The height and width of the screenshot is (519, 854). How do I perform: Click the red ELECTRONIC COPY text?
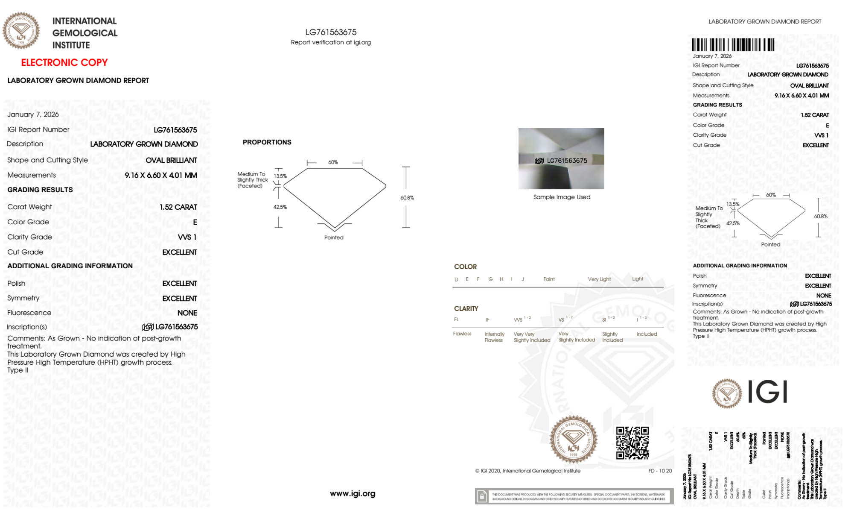point(64,63)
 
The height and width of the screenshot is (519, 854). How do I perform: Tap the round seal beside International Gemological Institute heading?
point(21,31)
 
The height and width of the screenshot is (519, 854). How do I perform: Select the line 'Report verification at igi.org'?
point(331,42)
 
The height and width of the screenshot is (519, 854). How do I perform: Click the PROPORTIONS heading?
point(267,142)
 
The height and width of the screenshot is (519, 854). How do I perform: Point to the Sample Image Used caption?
point(562,197)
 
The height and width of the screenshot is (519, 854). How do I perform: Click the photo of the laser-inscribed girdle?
point(561,158)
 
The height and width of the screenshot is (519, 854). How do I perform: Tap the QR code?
point(632,443)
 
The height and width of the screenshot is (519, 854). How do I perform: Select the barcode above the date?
point(733,45)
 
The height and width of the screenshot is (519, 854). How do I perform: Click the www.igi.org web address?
point(353,493)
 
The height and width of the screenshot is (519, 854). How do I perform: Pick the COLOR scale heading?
point(465,267)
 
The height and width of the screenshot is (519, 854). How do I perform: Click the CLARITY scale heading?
point(466,308)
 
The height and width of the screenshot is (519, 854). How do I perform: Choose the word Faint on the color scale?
point(549,279)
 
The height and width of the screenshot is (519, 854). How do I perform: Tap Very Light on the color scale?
point(599,279)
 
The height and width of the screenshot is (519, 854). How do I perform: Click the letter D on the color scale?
point(456,279)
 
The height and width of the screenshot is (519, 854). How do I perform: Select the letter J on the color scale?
point(523,279)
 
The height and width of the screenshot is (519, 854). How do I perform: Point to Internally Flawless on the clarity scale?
point(494,337)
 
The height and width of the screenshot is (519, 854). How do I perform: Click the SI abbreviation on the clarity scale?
point(604,320)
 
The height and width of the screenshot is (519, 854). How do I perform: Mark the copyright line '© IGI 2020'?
point(528,471)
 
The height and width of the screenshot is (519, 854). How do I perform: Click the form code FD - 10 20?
point(660,471)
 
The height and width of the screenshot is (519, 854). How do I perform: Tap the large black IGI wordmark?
point(767,392)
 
